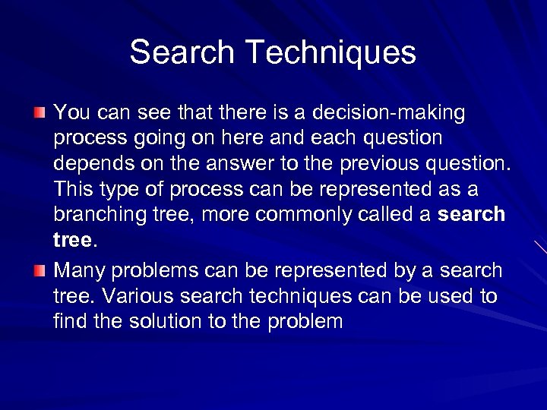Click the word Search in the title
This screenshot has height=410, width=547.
[x=182, y=52]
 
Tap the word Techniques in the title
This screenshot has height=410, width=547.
[x=330, y=52]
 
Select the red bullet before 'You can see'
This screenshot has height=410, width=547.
[x=40, y=113]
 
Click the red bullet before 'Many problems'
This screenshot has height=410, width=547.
[x=40, y=270]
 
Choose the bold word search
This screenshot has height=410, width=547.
[x=472, y=214]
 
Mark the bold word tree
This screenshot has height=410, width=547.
[x=72, y=240]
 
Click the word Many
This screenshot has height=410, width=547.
[x=77, y=270]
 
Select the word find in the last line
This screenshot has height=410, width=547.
[x=68, y=321]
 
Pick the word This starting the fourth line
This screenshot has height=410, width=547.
[x=72, y=189]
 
